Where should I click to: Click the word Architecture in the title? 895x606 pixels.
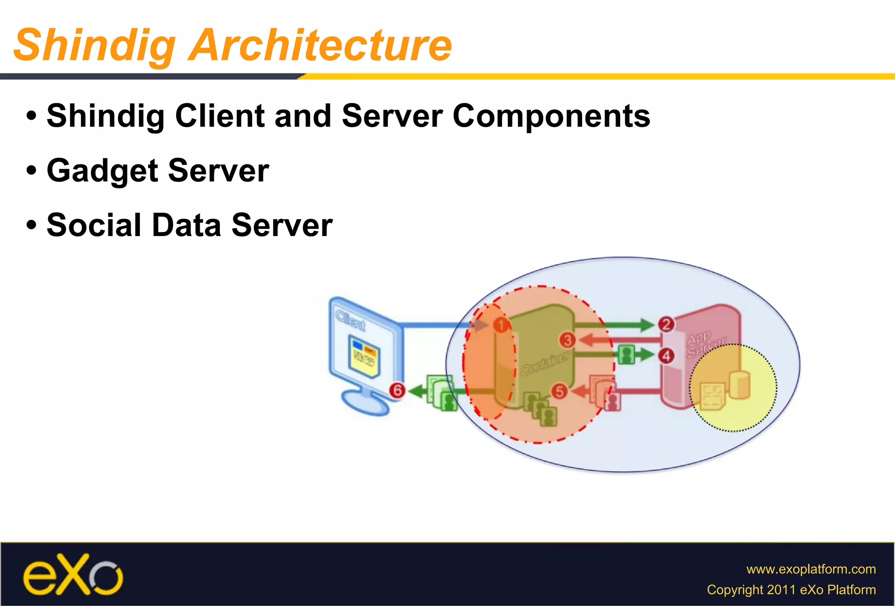[320, 45]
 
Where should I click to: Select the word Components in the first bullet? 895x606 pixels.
[552, 116]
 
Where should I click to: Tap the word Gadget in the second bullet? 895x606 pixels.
[102, 171]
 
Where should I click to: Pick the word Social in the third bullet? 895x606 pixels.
[94, 226]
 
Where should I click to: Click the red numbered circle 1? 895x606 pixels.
[501, 325]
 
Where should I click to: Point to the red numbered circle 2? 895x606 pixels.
[666, 324]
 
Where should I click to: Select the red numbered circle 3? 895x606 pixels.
[567, 340]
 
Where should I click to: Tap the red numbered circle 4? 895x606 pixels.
[666, 356]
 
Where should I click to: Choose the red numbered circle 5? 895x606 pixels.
[559, 391]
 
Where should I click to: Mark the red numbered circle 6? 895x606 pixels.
[397, 390]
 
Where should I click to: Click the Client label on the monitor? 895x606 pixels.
[350, 321]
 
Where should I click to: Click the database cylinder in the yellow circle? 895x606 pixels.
[739, 384]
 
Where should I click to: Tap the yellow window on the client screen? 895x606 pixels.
[364, 355]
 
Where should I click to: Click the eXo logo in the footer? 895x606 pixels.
[73, 574]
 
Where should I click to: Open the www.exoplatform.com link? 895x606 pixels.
[811, 569]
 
